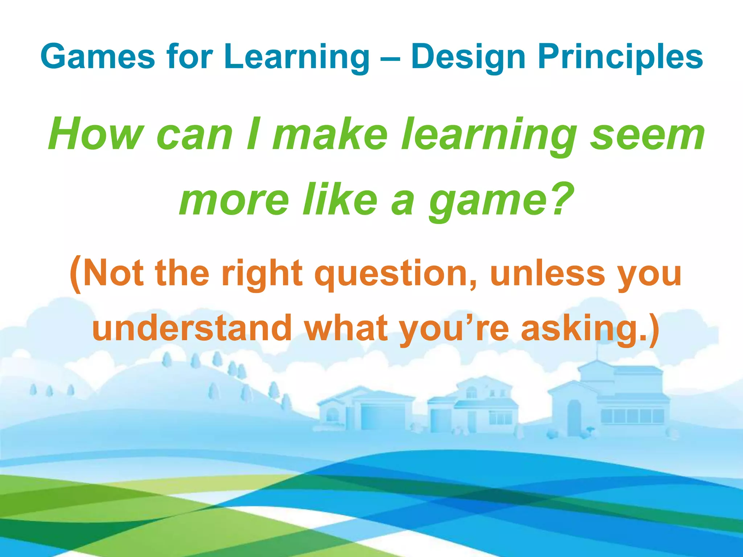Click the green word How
click(x=95, y=134)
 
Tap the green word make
click(x=330, y=134)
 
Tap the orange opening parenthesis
click(x=75, y=274)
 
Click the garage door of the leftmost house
click(x=383, y=417)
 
